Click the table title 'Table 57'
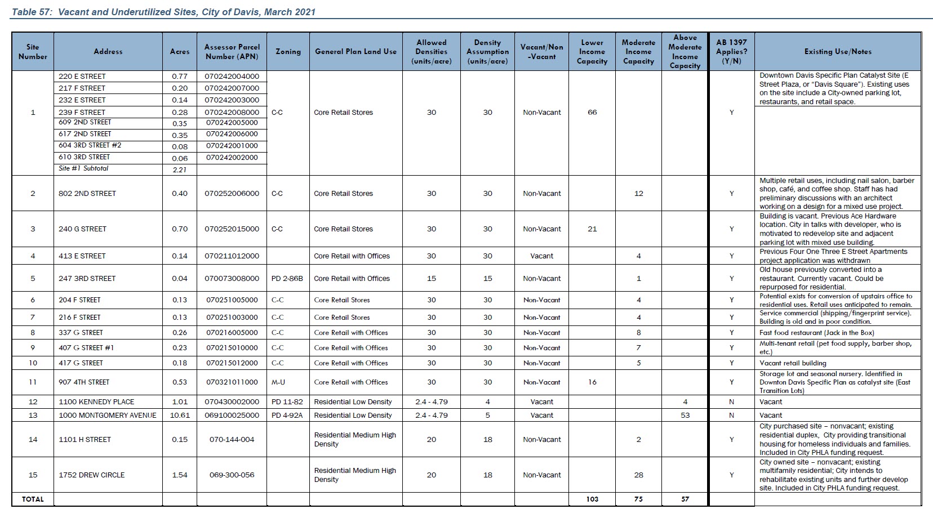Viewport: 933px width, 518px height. point(32,11)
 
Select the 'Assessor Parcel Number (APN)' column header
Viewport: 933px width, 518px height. point(232,51)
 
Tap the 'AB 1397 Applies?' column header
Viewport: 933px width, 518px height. point(731,51)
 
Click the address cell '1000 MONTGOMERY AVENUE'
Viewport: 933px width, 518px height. point(108,415)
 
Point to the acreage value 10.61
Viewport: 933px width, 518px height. point(180,415)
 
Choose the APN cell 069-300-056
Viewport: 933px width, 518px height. point(232,475)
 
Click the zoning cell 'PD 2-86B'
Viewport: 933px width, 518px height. point(287,278)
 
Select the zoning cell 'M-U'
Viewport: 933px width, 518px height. point(278,382)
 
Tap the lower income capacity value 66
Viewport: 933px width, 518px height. point(592,112)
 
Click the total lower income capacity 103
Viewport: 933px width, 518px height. point(592,499)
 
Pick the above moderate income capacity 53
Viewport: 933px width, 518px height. point(685,415)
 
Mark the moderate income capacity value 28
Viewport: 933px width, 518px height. point(638,475)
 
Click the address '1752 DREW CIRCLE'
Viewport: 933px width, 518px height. point(92,475)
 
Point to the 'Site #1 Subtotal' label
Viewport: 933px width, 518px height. point(83,168)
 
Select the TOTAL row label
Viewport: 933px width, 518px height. point(33,499)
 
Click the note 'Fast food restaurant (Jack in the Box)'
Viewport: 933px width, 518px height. point(816,332)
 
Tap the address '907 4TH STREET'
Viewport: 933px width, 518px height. point(84,382)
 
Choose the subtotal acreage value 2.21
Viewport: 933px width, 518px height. point(180,169)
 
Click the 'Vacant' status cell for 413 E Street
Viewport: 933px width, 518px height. point(541,256)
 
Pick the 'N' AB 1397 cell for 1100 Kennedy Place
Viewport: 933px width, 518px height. point(731,401)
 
